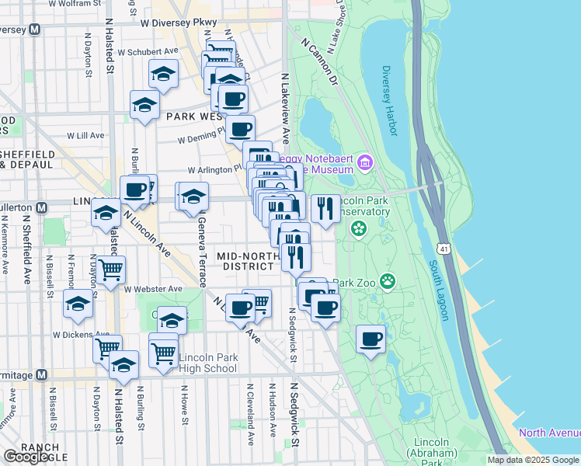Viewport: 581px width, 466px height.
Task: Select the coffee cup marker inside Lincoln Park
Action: pos(371,339)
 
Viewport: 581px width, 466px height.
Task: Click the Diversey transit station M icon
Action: pos(34,30)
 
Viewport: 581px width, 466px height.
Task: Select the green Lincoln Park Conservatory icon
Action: pos(358,228)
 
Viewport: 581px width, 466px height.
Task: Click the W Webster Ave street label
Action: pos(153,289)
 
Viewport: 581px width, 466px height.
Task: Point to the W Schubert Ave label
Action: pos(148,52)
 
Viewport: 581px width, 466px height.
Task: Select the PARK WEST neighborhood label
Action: pos(195,116)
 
